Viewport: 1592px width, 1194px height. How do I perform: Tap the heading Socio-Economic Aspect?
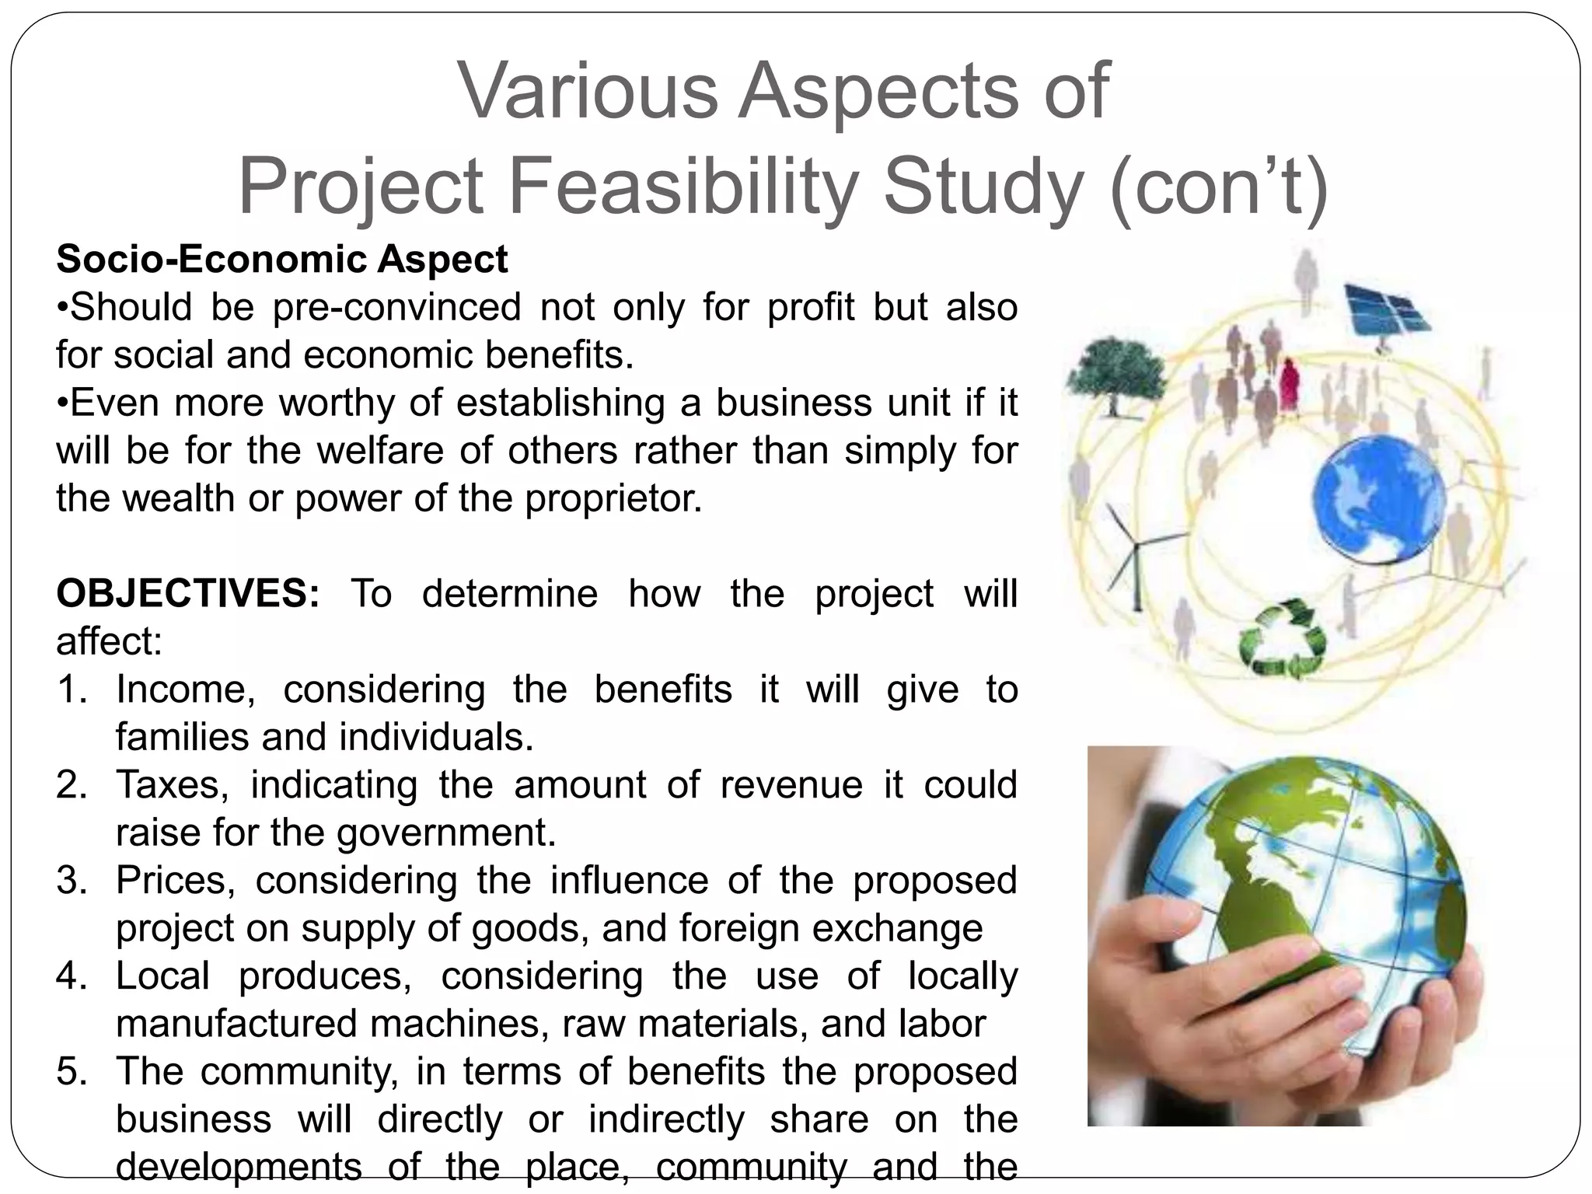pos(281,259)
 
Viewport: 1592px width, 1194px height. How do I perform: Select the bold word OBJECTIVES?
pos(187,594)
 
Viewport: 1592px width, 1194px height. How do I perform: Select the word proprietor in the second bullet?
pos(613,498)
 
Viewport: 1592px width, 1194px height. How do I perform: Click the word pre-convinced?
pos(397,307)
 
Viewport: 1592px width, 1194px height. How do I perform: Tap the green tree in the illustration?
pos(1116,374)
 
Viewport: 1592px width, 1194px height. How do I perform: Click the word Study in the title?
pos(983,187)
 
